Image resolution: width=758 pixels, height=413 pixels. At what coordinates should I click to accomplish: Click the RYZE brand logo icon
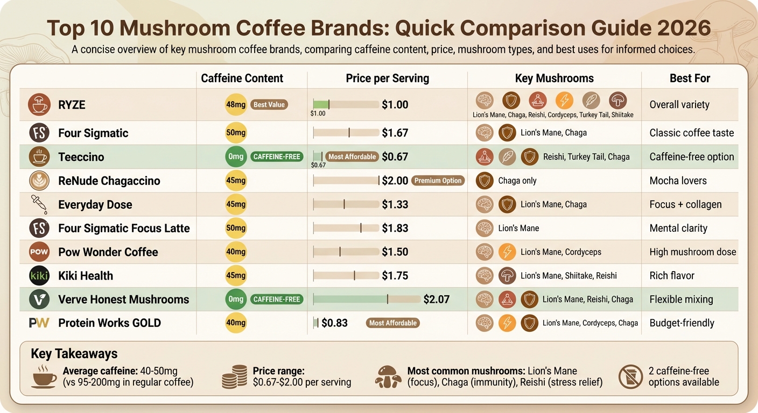[39, 105]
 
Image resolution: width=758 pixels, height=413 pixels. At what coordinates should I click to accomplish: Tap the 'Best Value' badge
[269, 104]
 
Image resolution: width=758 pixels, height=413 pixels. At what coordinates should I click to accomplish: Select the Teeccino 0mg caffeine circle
[236, 157]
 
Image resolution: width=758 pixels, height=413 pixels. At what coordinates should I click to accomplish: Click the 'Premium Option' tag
[438, 181]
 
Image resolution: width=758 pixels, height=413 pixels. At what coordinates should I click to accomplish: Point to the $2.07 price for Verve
[436, 299]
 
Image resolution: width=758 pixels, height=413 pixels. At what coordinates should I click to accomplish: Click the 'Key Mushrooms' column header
[554, 79]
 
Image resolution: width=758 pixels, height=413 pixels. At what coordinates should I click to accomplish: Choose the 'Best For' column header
[690, 79]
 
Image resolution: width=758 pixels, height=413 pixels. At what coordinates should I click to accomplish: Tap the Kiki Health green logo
[39, 276]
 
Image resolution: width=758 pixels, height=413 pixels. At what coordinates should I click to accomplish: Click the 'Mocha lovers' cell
[678, 181]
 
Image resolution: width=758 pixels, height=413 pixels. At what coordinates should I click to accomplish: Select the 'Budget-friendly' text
[682, 323]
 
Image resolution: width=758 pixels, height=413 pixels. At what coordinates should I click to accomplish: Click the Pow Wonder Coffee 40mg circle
[236, 252]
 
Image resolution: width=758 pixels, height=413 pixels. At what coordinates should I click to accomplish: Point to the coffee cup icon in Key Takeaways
[44, 376]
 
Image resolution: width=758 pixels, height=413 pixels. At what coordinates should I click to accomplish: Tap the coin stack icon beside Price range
[235, 377]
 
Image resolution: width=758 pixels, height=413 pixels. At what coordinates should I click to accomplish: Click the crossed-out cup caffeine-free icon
[630, 376]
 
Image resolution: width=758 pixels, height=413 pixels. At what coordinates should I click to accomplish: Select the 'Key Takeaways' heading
[74, 353]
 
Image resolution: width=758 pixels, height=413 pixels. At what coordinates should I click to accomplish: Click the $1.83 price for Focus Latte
[395, 228]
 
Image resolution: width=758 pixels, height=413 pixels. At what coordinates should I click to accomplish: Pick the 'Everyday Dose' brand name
[95, 204]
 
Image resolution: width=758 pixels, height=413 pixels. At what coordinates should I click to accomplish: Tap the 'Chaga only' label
[517, 181]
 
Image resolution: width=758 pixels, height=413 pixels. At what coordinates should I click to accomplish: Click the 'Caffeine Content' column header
[242, 79]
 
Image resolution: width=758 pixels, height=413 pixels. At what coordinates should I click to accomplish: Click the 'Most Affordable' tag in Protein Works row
[392, 323]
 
